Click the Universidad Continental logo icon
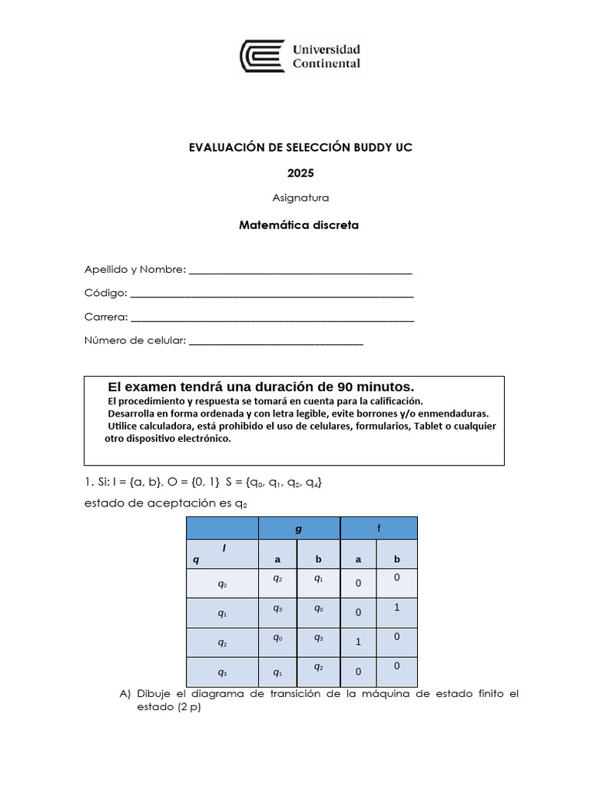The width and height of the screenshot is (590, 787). click(263, 57)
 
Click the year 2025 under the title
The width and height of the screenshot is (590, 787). click(300, 173)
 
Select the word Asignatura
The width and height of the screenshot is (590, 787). click(300, 198)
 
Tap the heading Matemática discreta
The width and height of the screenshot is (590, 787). click(299, 225)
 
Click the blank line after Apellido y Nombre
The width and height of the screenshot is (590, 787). click(300, 271)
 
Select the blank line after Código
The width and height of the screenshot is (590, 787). click(273, 294)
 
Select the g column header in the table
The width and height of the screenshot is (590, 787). click(299, 529)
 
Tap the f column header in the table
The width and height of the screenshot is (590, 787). click(379, 529)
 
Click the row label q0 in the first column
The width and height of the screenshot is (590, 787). click(222, 584)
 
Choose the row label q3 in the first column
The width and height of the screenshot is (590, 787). click(222, 672)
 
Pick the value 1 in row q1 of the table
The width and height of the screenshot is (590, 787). click(396, 607)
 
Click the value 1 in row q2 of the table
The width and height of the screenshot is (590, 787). click(358, 643)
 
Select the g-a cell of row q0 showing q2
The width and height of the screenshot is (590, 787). click(277, 578)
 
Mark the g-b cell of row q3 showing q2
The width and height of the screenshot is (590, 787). click(317, 667)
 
